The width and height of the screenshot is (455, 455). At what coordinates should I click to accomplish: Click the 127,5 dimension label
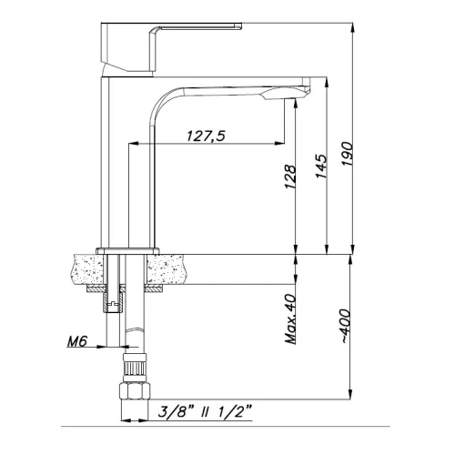(x=206, y=136)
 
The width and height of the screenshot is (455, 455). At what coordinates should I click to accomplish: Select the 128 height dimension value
(x=290, y=177)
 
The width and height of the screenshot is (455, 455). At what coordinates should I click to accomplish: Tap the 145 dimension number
(x=321, y=166)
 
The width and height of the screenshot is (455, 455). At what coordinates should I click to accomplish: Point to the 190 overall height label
(x=347, y=154)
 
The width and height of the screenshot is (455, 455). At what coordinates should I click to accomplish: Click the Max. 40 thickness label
(x=290, y=318)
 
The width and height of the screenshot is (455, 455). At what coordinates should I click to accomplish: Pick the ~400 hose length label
(x=346, y=326)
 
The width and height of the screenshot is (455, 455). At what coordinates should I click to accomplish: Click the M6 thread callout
(x=77, y=342)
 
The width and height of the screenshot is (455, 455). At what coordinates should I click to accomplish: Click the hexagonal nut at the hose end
(x=135, y=391)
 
